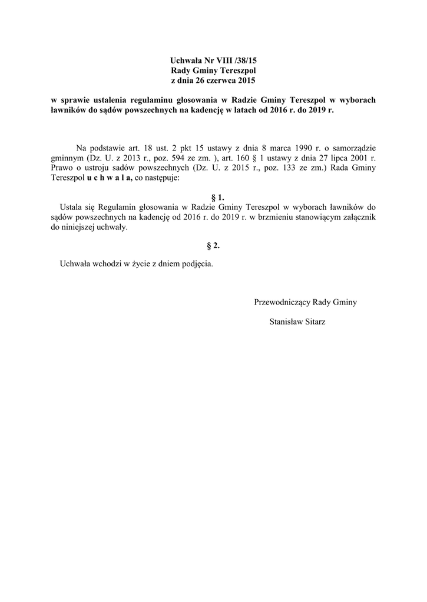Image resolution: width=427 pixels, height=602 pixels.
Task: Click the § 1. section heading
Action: (x=217, y=198)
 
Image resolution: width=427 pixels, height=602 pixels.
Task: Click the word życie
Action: (x=143, y=263)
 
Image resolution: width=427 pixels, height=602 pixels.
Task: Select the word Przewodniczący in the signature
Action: (x=282, y=302)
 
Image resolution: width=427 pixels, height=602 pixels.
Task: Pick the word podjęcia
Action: (x=197, y=263)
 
